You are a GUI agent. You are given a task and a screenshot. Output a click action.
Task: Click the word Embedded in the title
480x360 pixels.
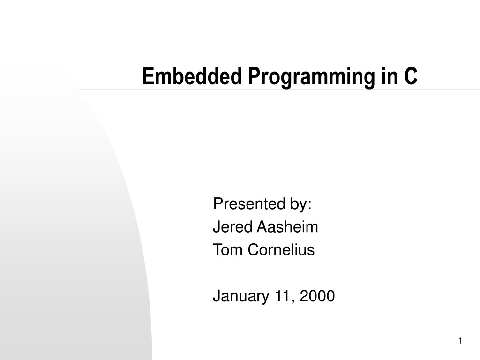[192, 76]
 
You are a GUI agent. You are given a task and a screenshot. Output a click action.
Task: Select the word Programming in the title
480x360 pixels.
[312, 78]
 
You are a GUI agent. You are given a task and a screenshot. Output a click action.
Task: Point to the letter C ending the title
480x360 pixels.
[411, 76]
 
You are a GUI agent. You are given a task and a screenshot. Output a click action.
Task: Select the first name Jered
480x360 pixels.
[232, 227]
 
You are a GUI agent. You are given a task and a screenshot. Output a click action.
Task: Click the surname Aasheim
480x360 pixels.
[287, 227]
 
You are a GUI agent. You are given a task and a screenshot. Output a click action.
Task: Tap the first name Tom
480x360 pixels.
[228, 250]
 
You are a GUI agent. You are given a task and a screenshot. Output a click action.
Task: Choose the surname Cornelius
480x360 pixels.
[281, 250]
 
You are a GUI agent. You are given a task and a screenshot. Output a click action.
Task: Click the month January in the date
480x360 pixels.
[241, 296]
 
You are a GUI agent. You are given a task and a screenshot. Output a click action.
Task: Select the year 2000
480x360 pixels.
[317, 296]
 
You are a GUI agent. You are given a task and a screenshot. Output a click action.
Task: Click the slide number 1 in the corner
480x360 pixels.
[460, 340]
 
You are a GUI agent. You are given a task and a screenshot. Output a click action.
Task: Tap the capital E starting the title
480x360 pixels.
[148, 76]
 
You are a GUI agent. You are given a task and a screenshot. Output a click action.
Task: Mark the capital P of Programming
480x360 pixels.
[254, 76]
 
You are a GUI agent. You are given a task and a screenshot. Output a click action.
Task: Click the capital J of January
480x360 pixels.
[217, 296]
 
